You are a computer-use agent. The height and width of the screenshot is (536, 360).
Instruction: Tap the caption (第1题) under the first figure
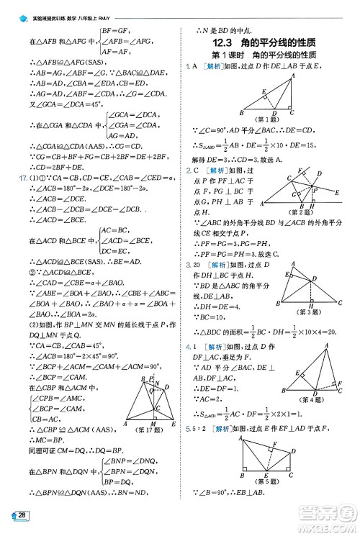click(268, 119)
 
